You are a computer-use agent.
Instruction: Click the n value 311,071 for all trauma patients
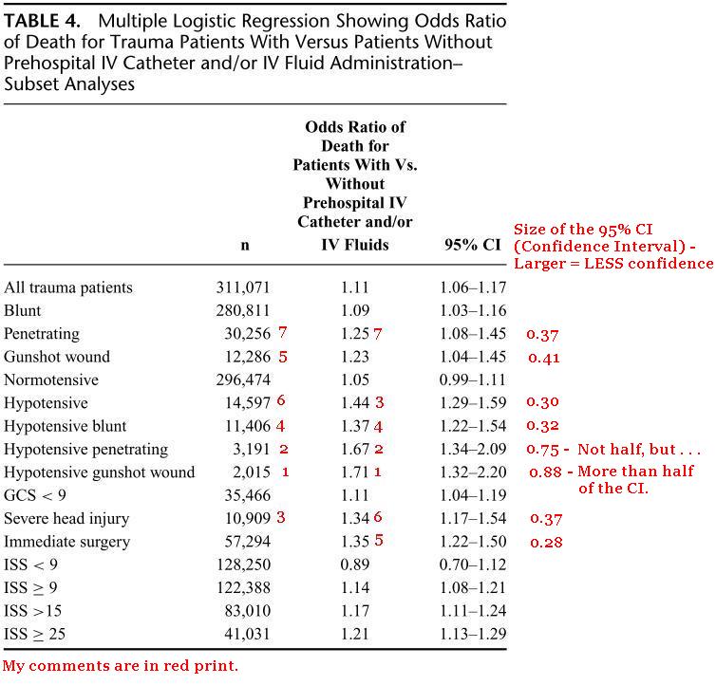244,287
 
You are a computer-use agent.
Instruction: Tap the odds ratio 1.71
354,472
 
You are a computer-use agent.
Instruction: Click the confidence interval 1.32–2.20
472,472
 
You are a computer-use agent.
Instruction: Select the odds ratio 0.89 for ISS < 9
354,565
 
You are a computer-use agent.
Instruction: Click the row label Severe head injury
66,519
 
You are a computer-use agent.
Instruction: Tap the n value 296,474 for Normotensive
244,380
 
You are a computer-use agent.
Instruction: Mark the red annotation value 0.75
543,450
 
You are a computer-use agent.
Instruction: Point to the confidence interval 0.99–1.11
472,380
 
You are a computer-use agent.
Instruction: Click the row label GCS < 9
36,495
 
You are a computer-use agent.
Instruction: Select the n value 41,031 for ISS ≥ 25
244,634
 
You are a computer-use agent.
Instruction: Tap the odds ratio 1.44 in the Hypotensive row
354,403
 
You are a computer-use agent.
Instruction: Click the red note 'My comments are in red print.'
120,665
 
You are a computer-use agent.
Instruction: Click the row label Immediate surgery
67,542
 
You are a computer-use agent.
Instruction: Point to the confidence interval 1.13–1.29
472,634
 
